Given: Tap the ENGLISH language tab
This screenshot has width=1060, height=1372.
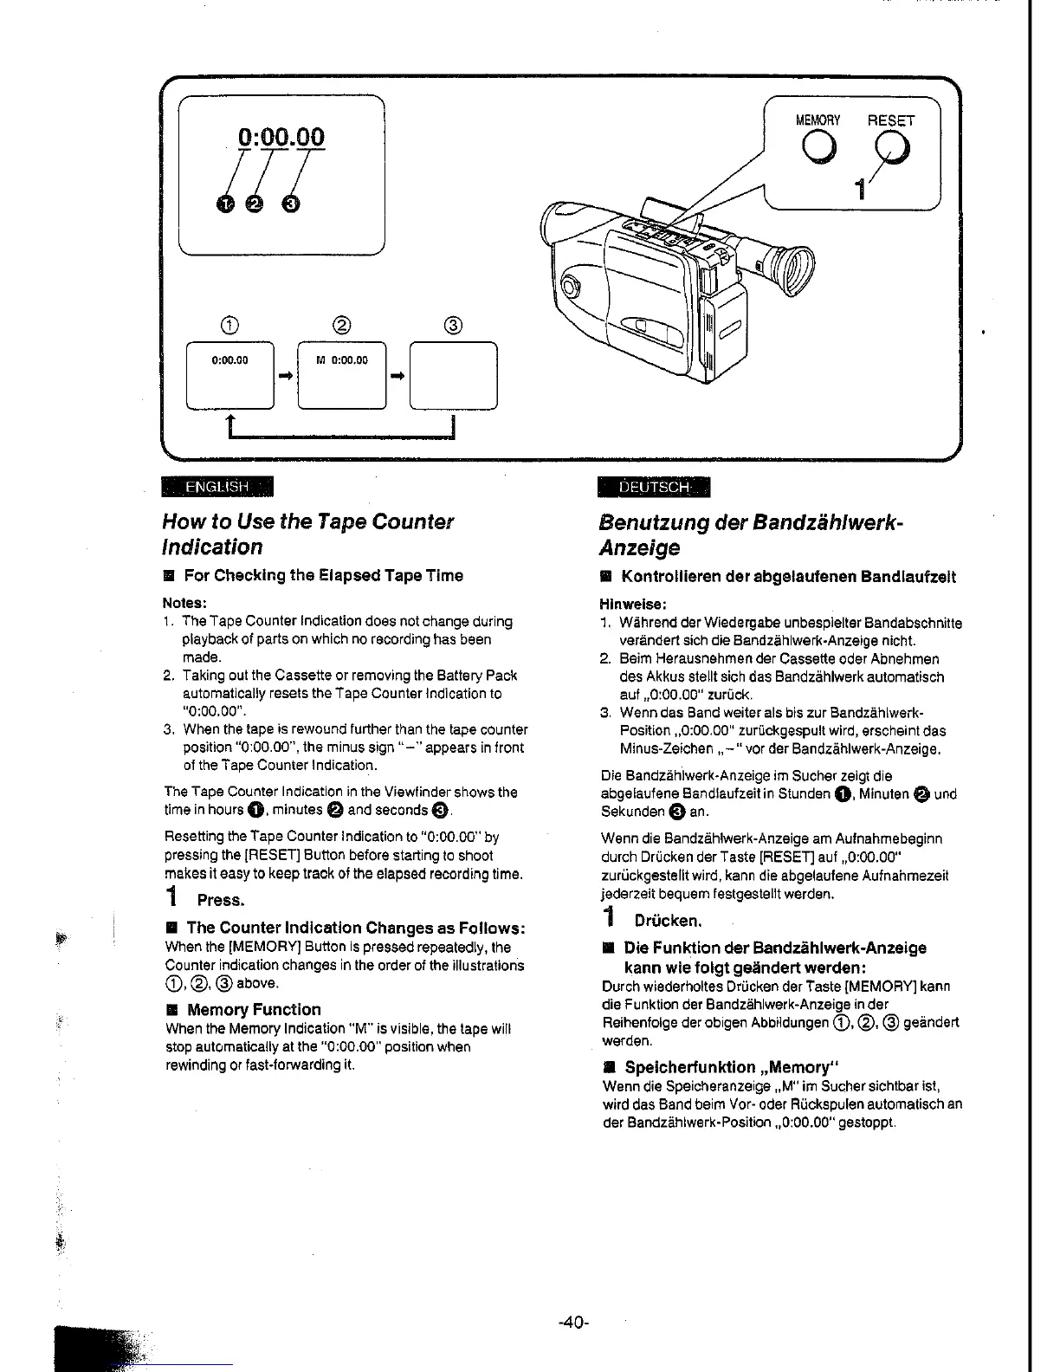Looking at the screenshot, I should tap(217, 488).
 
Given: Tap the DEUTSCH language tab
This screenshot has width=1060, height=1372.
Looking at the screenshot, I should tap(654, 488).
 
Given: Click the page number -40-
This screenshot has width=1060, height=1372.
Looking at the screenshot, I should tap(573, 1322).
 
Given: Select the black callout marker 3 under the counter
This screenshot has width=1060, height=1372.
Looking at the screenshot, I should tap(292, 204).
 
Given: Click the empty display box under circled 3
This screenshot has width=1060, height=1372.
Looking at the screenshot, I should tap(453, 376).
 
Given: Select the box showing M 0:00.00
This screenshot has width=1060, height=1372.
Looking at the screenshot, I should tap(341, 376).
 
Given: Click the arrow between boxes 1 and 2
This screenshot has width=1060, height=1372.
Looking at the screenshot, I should tap(285, 376).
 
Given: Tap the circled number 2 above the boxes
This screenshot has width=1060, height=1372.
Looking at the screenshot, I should tap(341, 326).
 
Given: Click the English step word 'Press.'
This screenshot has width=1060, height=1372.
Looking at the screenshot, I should tap(221, 900).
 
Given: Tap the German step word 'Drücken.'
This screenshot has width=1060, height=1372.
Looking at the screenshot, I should tap(667, 920).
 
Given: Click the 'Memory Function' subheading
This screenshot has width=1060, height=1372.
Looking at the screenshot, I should tap(254, 1009).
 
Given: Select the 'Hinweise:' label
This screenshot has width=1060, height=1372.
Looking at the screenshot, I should tap(632, 604).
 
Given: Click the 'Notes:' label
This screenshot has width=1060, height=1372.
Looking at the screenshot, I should tap(184, 603).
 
